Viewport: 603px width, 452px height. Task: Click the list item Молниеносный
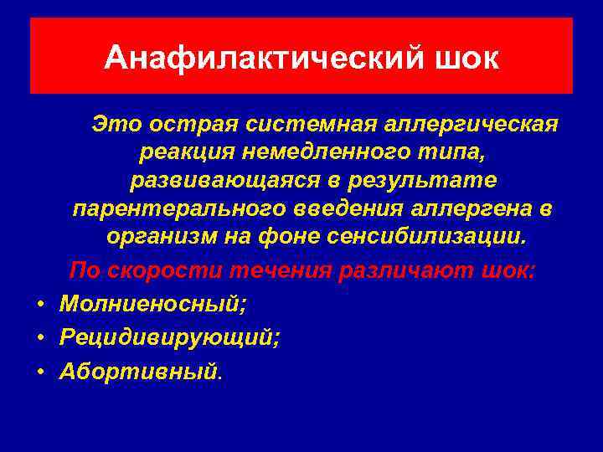tap(152, 304)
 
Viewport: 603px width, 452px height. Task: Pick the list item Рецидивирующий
tap(170, 337)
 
